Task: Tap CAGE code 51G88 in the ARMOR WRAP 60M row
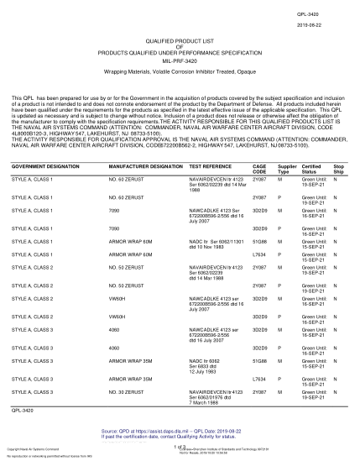point(259,240)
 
